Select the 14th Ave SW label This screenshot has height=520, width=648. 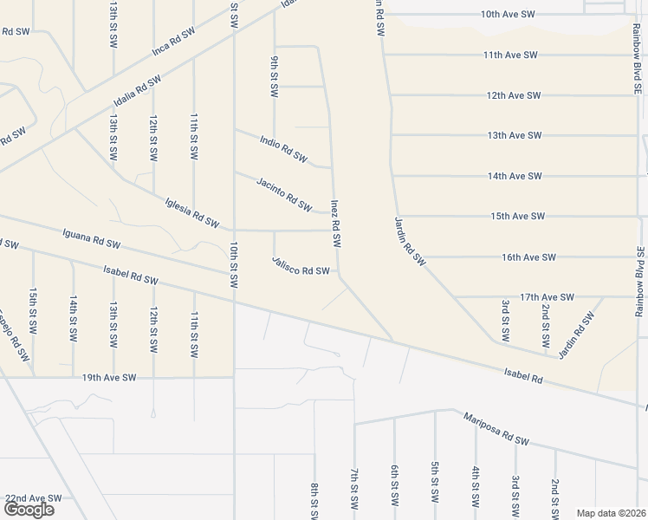click(515, 176)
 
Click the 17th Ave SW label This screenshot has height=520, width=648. click(548, 297)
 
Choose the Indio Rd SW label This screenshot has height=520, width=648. click(283, 149)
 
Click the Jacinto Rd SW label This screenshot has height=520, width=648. click(284, 193)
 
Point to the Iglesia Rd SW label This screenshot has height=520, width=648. click(191, 211)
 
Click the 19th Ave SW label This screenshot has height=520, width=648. click(110, 378)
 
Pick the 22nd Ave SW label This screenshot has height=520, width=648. click(34, 498)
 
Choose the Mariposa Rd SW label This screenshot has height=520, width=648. click(496, 429)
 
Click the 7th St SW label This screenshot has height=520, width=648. click(354, 491)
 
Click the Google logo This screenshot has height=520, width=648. click(29, 510)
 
